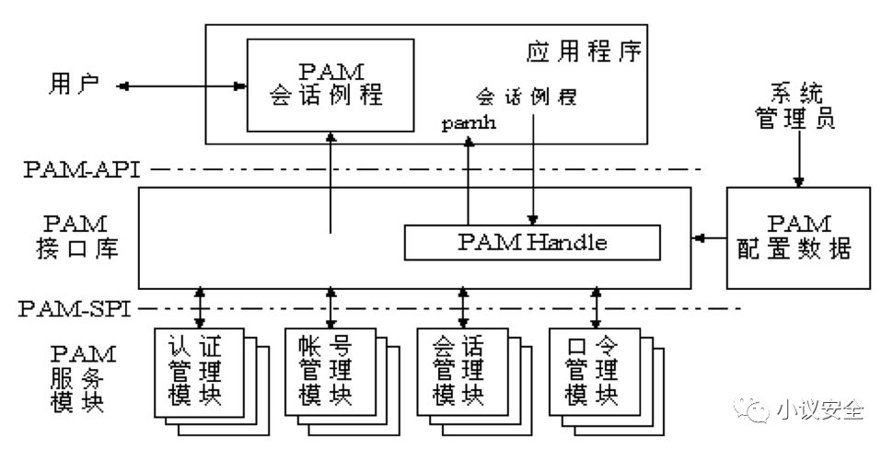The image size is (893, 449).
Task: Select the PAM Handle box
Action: [x=532, y=243]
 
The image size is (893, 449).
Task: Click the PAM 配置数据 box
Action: [x=797, y=236]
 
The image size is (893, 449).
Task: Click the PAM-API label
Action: [x=80, y=169]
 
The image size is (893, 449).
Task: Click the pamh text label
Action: [x=469, y=123]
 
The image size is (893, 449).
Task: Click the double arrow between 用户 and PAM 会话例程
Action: [x=182, y=86]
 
